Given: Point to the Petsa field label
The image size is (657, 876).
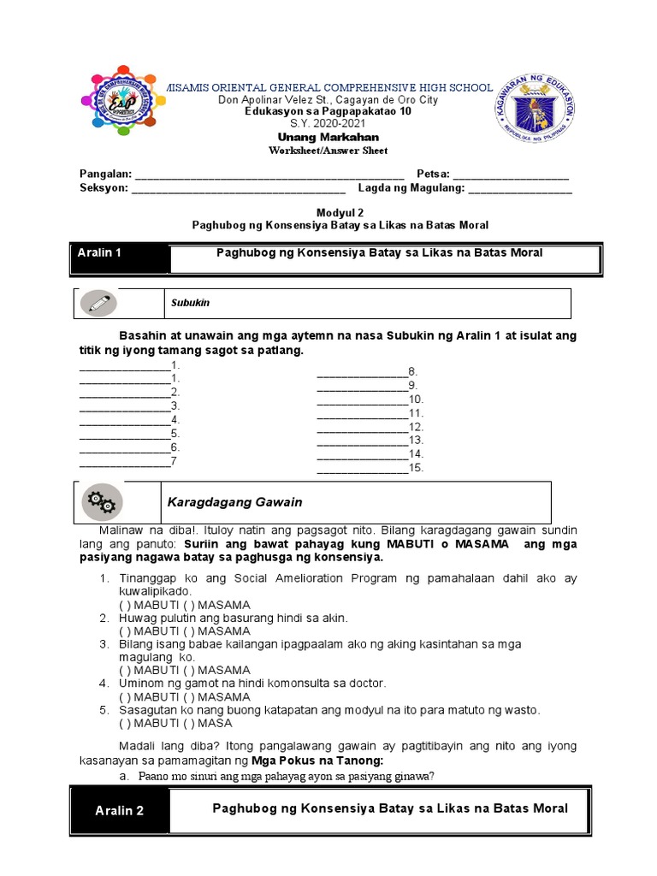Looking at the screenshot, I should (433, 174).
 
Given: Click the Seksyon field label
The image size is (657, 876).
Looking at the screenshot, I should (104, 187).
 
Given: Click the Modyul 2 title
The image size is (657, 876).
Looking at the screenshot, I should (328, 211).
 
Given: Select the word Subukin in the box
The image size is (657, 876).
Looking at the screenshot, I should (189, 303).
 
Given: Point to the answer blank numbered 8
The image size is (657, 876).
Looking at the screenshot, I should (362, 371).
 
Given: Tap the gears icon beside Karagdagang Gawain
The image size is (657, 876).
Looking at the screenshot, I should (102, 502).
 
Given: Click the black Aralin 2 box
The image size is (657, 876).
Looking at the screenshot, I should (119, 811).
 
